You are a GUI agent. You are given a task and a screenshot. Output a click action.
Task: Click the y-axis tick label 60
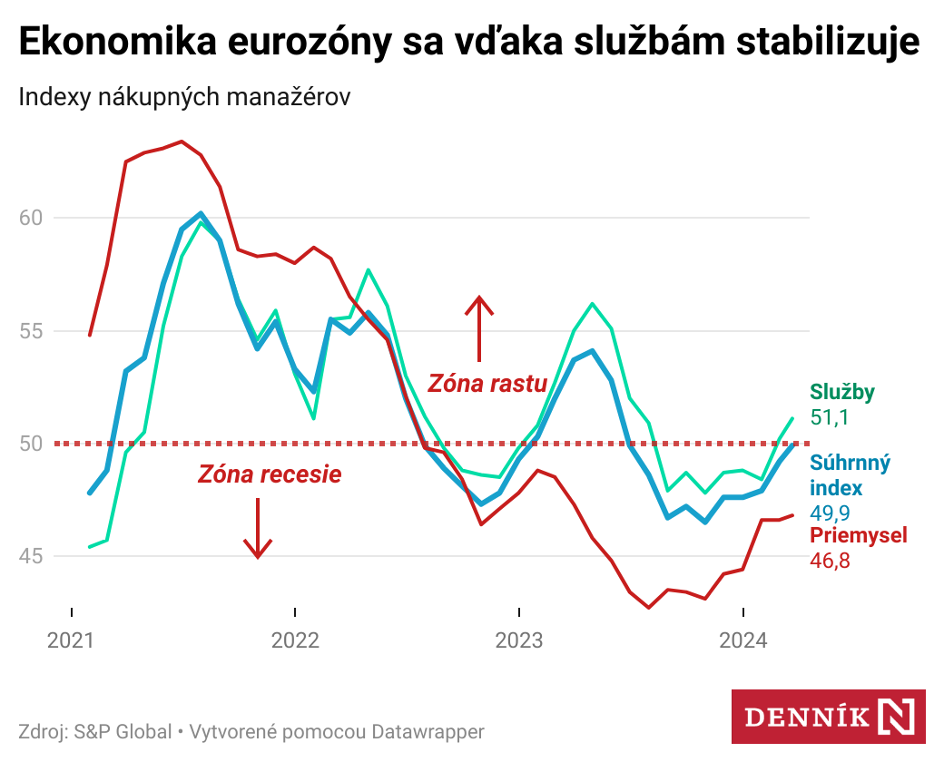click(x=30, y=218)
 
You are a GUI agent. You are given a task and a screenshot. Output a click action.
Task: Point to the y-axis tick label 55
click(x=30, y=331)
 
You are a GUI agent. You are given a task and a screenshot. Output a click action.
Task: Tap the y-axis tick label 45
click(x=30, y=556)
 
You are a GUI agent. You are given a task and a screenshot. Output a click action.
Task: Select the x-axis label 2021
click(x=71, y=641)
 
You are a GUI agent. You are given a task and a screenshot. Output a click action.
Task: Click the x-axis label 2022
click(x=295, y=641)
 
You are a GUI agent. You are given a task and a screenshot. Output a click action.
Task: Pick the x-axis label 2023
click(x=518, y=641)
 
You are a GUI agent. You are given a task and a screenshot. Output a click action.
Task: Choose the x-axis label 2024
click(x=742, y=641)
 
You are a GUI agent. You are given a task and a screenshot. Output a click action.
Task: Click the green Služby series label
click(x=842, y=392)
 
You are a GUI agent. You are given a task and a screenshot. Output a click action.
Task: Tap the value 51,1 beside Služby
click(x=829, y=417)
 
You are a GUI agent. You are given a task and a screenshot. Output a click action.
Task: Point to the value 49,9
click(x=829, y=513)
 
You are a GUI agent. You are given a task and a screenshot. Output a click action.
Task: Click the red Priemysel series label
click(x=858, y=535)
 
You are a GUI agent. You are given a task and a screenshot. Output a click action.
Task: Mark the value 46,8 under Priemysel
click(x=829, y=561)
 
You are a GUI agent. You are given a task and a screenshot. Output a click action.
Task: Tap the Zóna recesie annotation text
click(x=270, y=474)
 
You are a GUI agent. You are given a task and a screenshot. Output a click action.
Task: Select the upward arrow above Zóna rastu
click(x=478, y=327)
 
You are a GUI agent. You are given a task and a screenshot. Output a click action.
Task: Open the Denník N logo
click(x=828, y=717)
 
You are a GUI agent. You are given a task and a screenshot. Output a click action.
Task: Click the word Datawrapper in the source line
click(x=428, y=731)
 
